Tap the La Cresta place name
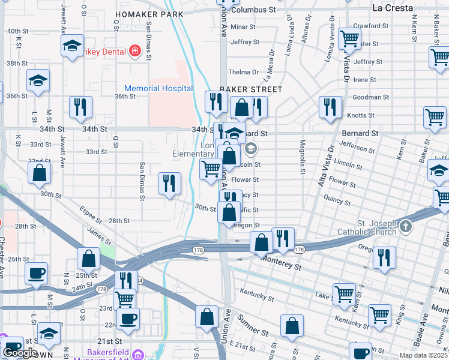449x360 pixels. pyautogui.click(x=393, y=8)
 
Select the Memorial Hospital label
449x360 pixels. pyautogui.click(x=158, y=88)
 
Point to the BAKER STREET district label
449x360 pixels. pyautogui.click(x=250, y=89)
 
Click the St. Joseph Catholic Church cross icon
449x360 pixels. pyautogui.click(x=406, y=226)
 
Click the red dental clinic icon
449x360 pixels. pyautogui.click(x=136, y=51)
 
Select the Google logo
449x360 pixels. pyautogui.click(x=20, y=353)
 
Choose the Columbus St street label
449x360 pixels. pyautogui.click(x=253, y=10)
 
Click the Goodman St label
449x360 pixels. pyautogui.click(x=370, y=97)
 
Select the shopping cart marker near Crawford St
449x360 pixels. pyautogui.click(x=349, y=40)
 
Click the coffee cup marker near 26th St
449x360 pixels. pyautogui.click(x=37, y=273)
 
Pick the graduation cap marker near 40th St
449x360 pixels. pyautogui.click(x=72, y=46)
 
